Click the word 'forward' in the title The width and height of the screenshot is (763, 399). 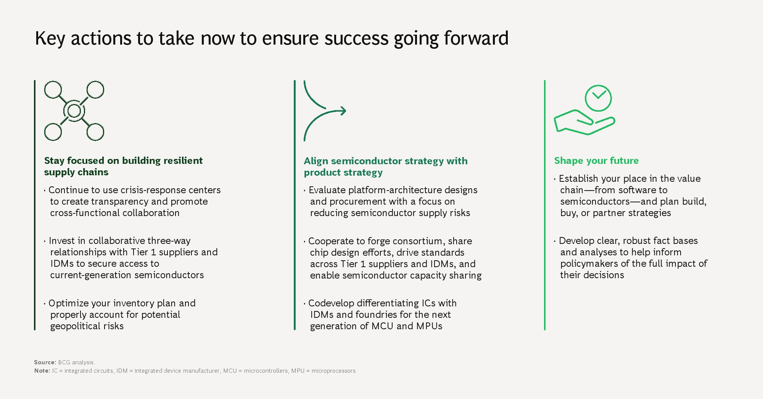[476, 38]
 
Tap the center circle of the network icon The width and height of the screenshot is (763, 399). [74, 111]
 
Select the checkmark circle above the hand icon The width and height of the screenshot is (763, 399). [598, 98]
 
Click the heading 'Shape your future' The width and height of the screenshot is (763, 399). [596, 160]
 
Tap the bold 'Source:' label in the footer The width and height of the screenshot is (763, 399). [45, 362]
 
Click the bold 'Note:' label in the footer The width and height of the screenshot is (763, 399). [42, 371]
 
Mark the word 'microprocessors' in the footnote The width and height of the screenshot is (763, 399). [334, 371]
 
